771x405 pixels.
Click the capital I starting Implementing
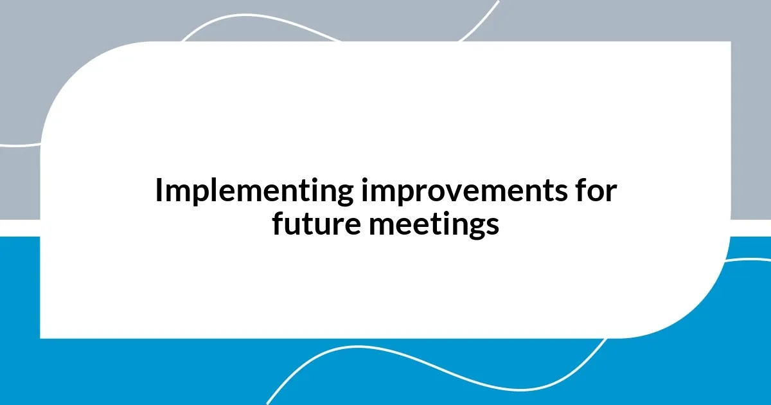(159, 191)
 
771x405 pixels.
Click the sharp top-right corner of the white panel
(730, 42)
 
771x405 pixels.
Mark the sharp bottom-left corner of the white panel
(41, 337)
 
